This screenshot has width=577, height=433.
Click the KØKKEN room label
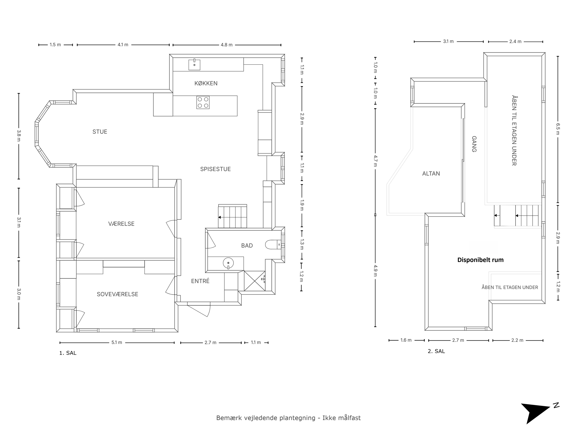(x=206, y=83)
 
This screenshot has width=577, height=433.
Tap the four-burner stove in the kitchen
(x=203, y=103)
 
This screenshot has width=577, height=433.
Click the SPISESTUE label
(x=215, y=169)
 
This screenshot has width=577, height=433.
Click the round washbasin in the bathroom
(x=228, y=263)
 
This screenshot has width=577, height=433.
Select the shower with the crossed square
(x=255, y=281)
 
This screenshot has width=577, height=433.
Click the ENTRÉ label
(x=200, y=281)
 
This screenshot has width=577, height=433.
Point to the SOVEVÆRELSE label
(x=117, y=294)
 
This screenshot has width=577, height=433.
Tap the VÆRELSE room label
(x=121, y=224)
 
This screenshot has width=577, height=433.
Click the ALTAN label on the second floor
(x=431, y=174)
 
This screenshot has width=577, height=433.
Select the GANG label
(x=474, y=144)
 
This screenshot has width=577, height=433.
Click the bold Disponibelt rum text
(x=480, y=260)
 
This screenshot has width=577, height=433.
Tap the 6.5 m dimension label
(x=558, y=129)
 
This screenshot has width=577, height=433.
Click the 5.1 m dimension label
(x=117, y=342)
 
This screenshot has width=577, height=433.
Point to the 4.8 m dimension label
(x=226, y=45)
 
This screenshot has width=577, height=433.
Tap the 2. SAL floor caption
(x=436, y=351)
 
